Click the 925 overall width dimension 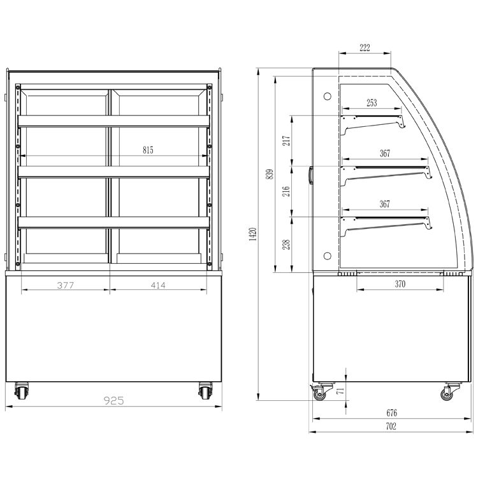[x=114, y=400]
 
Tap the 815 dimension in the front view [x=148, y=150]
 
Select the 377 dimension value [x=66, y=286]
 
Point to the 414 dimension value [x=158, y=286]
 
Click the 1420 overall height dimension [x=253, y=234]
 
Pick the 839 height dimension [x=270, y=175]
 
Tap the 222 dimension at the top [x=365, y=48]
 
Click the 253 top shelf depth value [x=372, y=103]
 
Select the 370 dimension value [x=400, y=284]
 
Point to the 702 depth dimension [x=391, y=426]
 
